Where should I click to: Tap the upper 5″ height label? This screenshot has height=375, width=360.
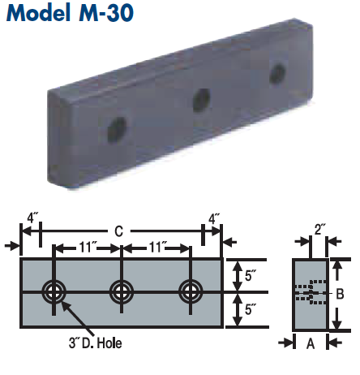[249, 274]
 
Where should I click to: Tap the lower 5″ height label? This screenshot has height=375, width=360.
[249, 309]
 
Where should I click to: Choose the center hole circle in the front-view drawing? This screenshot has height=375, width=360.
[122, 291]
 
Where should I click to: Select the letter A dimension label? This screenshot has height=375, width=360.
[309, 343]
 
